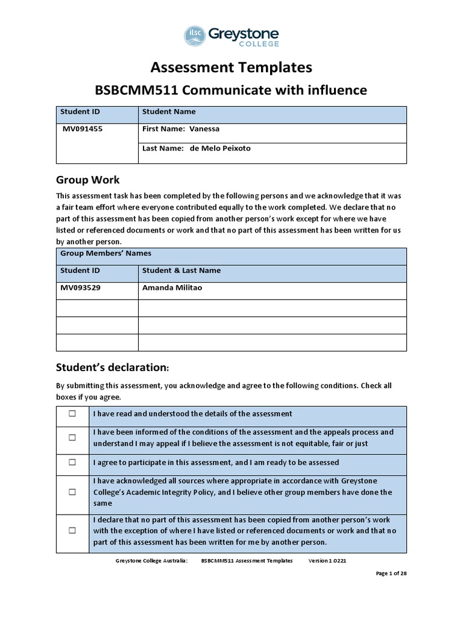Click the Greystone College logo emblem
[195, 36]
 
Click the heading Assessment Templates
[231, 67]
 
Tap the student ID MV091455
[81, 129]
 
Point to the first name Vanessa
[204, 129]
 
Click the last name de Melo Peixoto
[220, 148]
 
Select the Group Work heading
[87, 180]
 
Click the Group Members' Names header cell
[106, 254]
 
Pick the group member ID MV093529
[80, 288]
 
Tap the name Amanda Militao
[172, 288]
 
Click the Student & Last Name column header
[181, 271]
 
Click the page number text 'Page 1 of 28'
[391, 574]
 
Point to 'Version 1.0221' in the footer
[327, 560]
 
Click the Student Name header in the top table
[169, 111]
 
